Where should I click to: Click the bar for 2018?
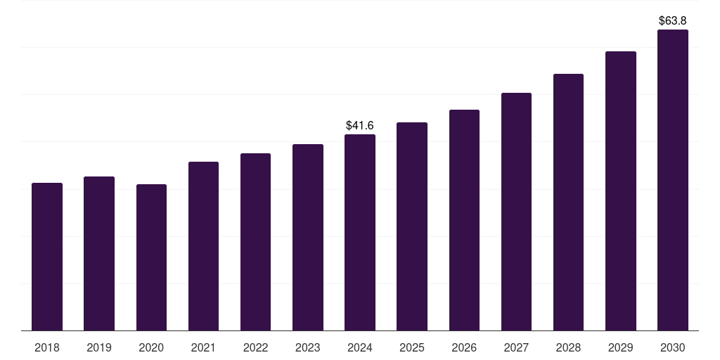[x=47, y=257]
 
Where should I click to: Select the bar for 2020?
[x=151, y=257]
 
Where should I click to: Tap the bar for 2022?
[x=255, y=242]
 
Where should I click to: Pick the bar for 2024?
[x=360, y=233]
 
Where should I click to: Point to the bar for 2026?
[x=464, y=220]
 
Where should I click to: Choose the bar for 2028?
[x=568, y=202]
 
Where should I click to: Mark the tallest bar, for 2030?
[x=673, y=180]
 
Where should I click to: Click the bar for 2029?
[x=621, y=191]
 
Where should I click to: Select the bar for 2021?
[x=203, y=246]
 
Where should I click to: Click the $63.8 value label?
[x=673, y=21]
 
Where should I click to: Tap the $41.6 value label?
[x=360, y=126]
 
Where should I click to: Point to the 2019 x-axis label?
[x=99, y=347]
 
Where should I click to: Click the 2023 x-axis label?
[x=308, y=347]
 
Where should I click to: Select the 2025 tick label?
[x=412, y=347]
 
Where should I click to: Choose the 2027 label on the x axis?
[x=516, y=347]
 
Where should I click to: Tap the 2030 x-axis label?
[x=673, y=347]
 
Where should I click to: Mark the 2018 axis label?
[x=47, y=347]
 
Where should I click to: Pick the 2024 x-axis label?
[x=360, y=347]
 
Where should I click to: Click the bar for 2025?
[x=412, y=226]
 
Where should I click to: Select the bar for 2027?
[x=516, y=212]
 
